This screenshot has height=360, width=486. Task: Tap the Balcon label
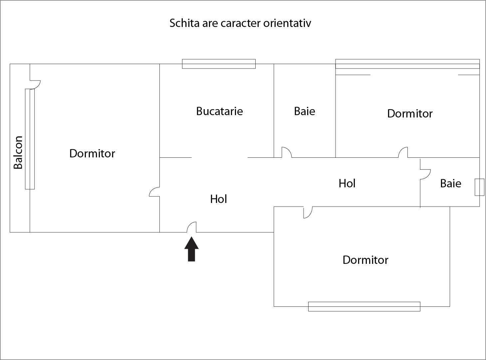[x=18, y=152]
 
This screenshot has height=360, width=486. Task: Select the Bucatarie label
[x=219, y=111]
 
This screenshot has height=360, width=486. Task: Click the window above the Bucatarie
[x=219, y=64]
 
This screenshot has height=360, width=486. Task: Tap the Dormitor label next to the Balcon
[x=92, y=153]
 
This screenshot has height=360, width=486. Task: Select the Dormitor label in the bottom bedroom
[x=365, y=260]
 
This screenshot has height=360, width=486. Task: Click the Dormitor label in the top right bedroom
[x=410, y=113]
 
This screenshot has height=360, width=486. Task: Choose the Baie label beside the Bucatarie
[x=304, y=111]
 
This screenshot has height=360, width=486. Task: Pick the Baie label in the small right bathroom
[x=450, y=183]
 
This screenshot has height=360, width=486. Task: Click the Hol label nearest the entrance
[x=218, y=199]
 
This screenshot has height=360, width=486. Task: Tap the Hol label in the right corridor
[x=347, y=183]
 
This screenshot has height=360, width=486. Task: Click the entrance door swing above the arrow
[x=192, y=227]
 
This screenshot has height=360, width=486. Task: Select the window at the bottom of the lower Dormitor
[x=364, y=306]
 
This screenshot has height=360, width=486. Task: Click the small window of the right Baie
[x=479, y=187]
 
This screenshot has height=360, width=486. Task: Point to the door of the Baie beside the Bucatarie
[x=287, y=152]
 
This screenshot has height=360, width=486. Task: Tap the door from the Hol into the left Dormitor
[x=154, y=192]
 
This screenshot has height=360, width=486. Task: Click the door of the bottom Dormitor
[x=308, y=212]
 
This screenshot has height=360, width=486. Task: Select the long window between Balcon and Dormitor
[x=30, y=139]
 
